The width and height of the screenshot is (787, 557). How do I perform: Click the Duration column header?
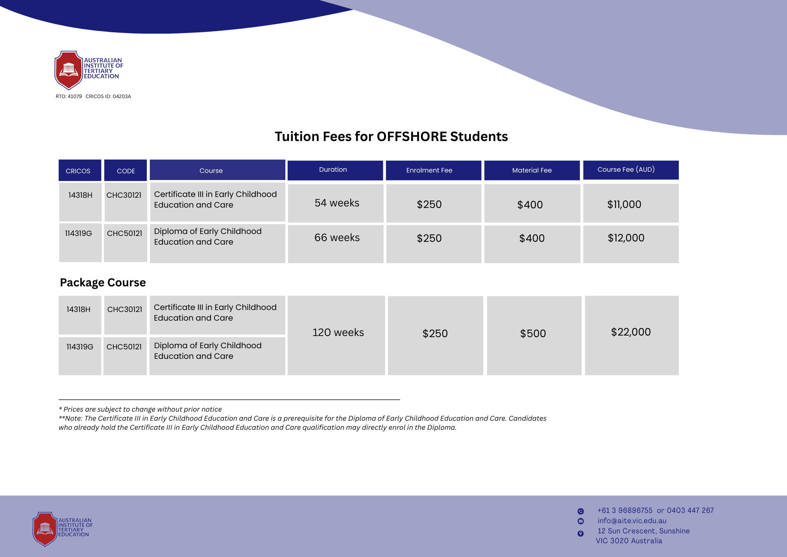[333, 170]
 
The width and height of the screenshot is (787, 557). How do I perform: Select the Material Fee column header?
[532, 170]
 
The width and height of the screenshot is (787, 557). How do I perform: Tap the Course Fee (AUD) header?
[626, 169]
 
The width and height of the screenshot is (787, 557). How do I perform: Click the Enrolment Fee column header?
[429, 170]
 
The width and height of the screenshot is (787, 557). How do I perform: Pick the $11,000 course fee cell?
[624, 204]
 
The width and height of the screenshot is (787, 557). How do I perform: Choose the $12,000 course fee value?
[626, 238]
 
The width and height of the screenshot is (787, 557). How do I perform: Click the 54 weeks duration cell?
[337, 203]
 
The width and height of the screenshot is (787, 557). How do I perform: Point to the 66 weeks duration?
[337, 238]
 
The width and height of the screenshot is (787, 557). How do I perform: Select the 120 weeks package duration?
[338, 332]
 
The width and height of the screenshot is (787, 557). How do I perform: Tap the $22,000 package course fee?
[631, 332]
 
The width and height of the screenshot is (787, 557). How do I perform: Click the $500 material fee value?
[533, 334]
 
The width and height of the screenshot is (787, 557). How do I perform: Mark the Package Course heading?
[103, 282]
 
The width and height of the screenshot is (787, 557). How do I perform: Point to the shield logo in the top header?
[68, 70]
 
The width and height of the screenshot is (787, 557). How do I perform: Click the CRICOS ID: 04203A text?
[108, 97]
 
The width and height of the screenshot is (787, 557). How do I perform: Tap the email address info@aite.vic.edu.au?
[632, 521]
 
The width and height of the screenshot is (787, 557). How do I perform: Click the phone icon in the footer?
[580, 511]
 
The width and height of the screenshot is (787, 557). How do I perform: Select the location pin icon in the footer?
[580, 533]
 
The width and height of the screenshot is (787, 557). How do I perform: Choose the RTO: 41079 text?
[69, 97]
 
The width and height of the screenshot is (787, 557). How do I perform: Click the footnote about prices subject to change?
[140, 409]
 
